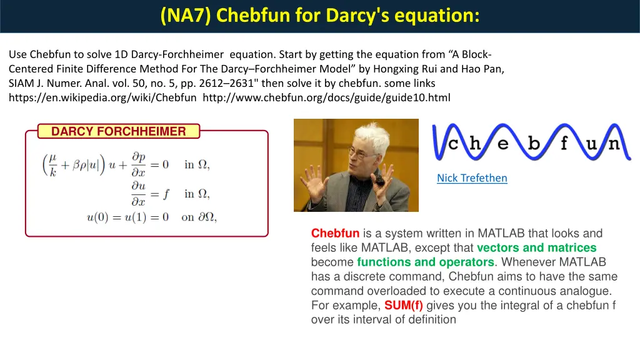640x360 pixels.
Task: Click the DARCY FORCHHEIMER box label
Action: point(118,131)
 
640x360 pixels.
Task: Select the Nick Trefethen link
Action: point(472,178)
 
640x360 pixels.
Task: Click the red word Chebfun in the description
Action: point(335,234)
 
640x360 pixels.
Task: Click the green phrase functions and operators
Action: point(425,262)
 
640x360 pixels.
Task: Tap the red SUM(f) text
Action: point(403,306)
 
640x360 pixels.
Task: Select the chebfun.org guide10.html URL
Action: point(326,97)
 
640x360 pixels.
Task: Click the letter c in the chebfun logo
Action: point(454,144)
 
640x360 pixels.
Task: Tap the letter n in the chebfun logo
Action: point(614,144)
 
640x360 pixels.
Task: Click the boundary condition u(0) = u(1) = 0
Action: point(127,217)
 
